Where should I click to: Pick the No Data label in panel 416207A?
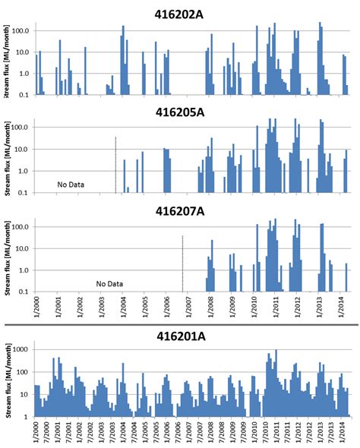pos(109,284)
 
